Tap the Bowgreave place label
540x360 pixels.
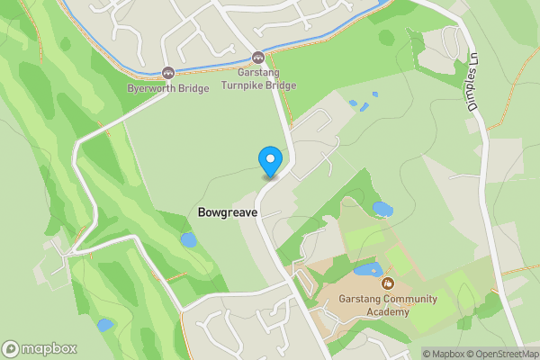point(227,212)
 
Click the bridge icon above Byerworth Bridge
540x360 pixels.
point(167,73)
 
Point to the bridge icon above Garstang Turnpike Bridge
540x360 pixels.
point(258,56)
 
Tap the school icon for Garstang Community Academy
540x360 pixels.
point(388,285)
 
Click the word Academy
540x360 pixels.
point(388,311)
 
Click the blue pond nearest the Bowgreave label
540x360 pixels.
point(188,239)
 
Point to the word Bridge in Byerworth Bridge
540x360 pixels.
point(194,88)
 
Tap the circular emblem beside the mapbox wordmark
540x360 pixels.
point(12,349)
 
